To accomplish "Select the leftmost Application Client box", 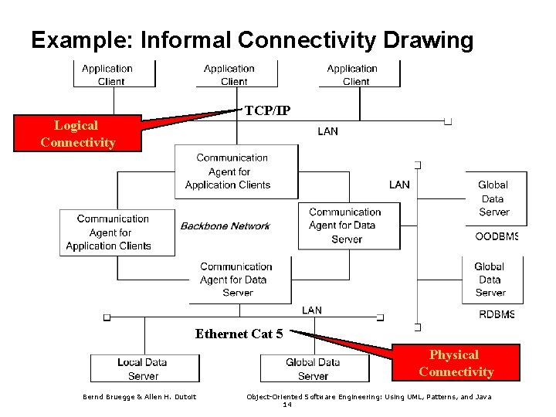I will pyautogui.click(x=107, y=74).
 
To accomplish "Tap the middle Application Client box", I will pyautogui.click(x=229, y=74).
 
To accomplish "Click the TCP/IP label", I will pyautogui.click(x=267, y=110).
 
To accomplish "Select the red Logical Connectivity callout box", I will pyautogui.click(x=77, y=133).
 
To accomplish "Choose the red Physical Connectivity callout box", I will pyautogui.click(x=456, y=363).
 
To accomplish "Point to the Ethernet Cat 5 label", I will pyautogui.click(x=239, y=334).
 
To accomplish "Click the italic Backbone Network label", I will pyautogui.click(x=225, y=226).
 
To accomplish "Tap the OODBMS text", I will pyautogui.click(x=496, y=236).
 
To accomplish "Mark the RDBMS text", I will pyautogui.click(x=497, y=314).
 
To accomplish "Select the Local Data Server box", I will pyautogui.click(x=144, y=368).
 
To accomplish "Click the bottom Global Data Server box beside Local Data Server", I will pyautogui.click(x=313, y=368).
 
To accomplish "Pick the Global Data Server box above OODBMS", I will pyautogui.click(x=493, y=198).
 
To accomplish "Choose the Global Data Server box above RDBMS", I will pyautogui.click(x=490, y=280).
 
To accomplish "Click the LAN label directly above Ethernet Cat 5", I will pyautogui.click(x=312, y=310).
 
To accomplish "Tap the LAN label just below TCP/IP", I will pyautogui.click(x=327, y=131).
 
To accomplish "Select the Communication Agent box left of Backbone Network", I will pyautogui.click(x=117, y=232).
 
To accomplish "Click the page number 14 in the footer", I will pyautogui.click(x=286, y=404).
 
